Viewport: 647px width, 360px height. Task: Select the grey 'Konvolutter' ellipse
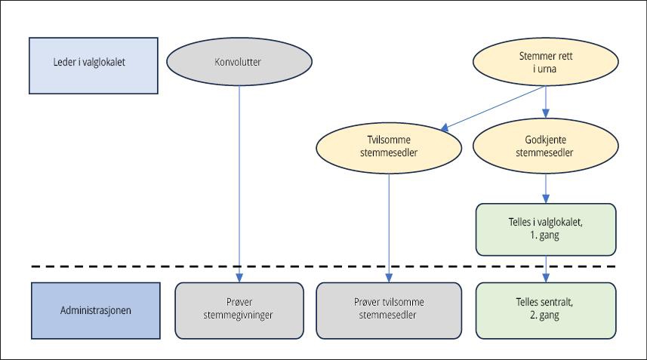239,63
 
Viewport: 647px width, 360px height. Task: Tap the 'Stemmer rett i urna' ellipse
547,63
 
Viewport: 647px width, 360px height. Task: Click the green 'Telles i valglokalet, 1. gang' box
547,229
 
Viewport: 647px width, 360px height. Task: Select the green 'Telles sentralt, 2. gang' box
547,309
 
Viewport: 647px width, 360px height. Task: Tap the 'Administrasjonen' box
95,309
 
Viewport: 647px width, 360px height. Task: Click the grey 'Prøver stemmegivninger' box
239,309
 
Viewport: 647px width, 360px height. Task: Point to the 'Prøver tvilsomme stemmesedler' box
389,309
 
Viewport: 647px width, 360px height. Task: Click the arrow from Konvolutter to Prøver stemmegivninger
239,181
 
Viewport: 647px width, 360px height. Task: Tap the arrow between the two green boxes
547,268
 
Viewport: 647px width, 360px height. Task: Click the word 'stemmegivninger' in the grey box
239,315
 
